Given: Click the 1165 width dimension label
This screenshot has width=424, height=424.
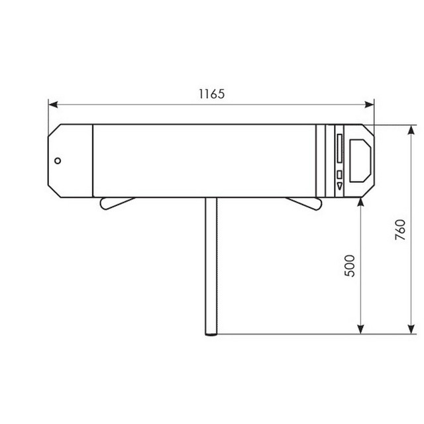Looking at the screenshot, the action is tap(212, 94).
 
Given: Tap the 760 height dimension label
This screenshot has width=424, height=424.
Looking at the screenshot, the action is tap(400, 230).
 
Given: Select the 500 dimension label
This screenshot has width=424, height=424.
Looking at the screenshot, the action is tap(350, 266).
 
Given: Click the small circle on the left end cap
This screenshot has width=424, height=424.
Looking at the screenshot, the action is tap(58, 161).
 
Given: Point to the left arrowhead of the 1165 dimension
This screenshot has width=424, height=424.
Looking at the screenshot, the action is tap(53, 105).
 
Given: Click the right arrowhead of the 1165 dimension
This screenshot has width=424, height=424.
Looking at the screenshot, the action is tap(370, 105).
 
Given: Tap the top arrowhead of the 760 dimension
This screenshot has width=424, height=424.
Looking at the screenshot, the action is tap(411, 130).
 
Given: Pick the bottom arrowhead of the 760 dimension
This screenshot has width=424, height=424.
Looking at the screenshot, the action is tap(411, 329).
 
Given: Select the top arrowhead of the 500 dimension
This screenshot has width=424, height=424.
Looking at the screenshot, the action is tap(360, 202).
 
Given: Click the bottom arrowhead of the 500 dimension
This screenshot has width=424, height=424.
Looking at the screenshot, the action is tap(360, 329).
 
